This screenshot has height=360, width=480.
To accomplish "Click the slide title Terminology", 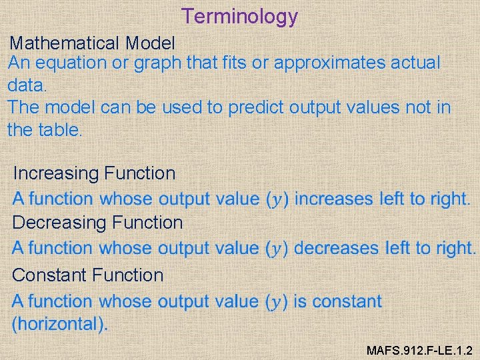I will (240, 16).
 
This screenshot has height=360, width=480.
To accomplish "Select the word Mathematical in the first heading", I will (65, 44).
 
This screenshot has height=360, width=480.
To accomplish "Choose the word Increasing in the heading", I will (56, 174).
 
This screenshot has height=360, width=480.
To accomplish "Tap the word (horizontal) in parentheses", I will (59, 325).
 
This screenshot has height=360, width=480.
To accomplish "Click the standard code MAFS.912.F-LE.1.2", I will (420, 349).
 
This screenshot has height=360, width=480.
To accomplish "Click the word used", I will (197, 107).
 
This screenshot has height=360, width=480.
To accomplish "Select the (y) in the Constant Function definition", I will (276, 302).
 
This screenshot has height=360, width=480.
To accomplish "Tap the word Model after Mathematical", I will (150, 44).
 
